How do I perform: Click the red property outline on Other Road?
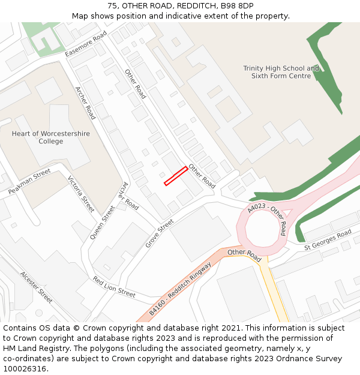click(176, 176)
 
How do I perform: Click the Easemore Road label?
click(86, 43)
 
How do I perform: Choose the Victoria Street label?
click(81, 194)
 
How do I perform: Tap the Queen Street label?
click(102, 222)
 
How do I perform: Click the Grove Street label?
click(159, 233)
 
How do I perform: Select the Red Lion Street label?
click(114, 287)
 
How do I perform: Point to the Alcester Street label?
click(36, 287)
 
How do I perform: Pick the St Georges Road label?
click(328, 239)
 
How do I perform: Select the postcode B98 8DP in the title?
click(238, 6)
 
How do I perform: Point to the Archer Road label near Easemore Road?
click(85, 103)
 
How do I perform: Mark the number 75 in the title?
click(112, 6)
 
